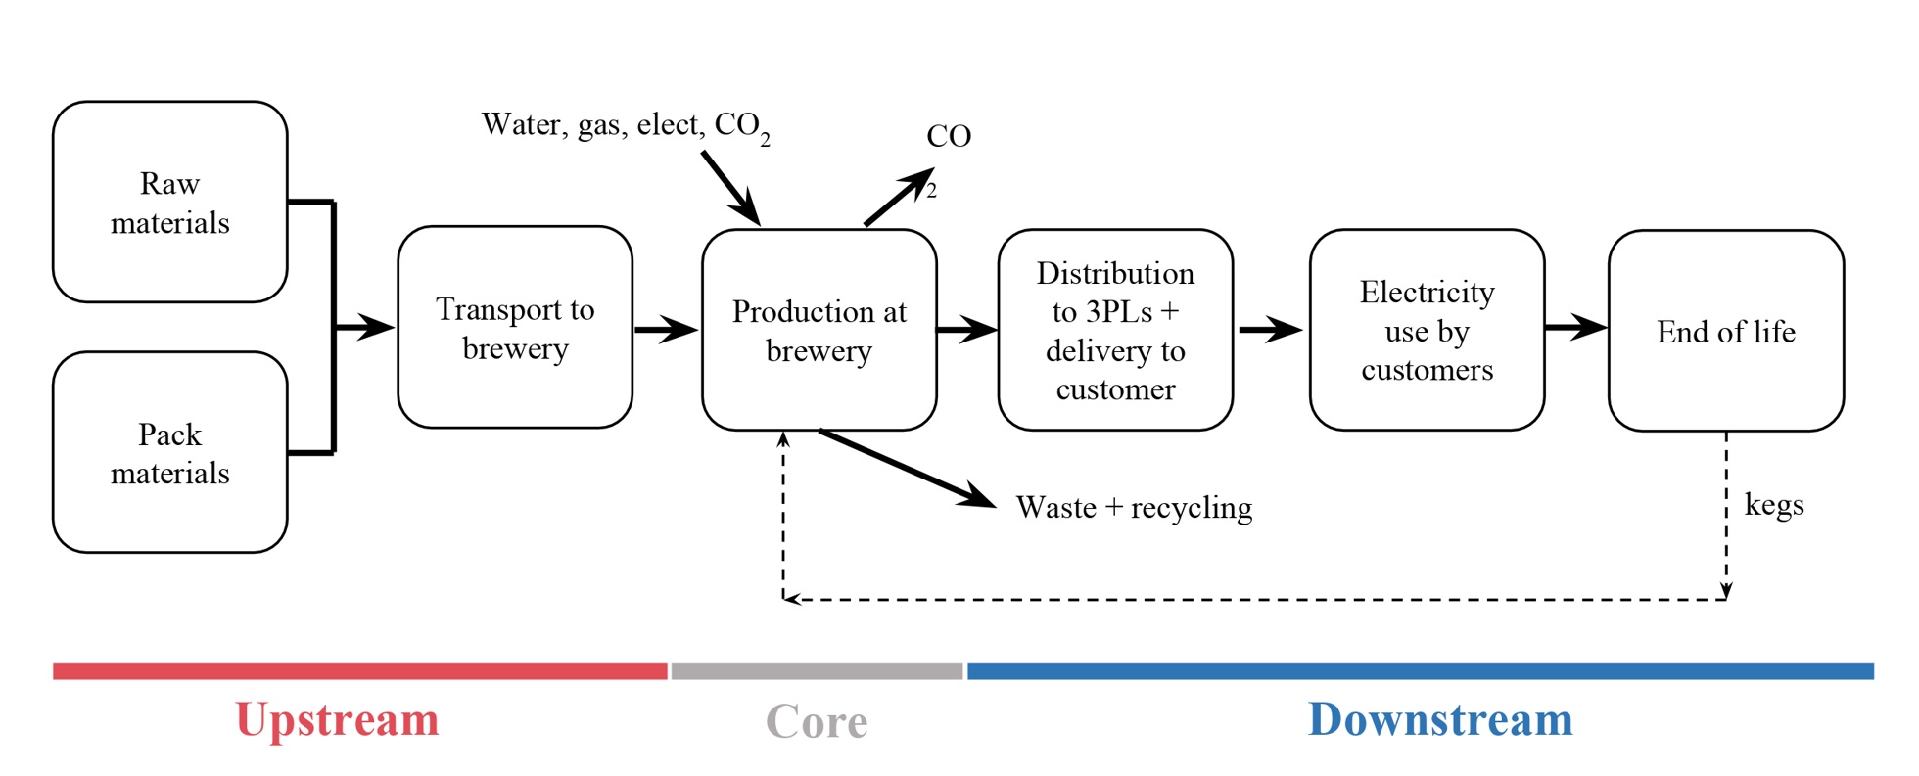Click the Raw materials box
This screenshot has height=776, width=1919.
click(169, 203)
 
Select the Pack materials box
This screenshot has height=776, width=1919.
click(169, 453)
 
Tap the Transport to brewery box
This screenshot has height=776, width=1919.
click(515, 328)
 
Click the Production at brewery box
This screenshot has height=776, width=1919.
click(819, 331)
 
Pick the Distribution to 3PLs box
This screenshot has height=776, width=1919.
click(1115, 331)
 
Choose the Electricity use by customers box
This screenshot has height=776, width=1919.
click(1427, 331)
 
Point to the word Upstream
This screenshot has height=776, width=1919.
click(337, 720)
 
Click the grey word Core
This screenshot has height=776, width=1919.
click(817, 722)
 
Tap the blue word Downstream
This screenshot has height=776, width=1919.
click(1440, 720)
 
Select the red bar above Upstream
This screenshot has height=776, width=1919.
click(359, 671)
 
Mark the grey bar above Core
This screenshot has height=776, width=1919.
click(817, 671)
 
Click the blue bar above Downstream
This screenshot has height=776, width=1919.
click(1420, 671)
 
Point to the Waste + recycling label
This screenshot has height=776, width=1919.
click(1134, 508)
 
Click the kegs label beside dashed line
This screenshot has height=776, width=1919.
click(1774, 505)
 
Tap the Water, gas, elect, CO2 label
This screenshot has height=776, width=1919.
click(625, 126)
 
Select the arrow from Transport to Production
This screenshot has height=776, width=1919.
click(666, 329)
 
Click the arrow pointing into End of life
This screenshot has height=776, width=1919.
click(1575, 327)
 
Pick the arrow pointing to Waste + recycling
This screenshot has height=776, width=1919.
click(906, 469)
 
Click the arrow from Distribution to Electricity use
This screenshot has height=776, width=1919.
click(1270, 329)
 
